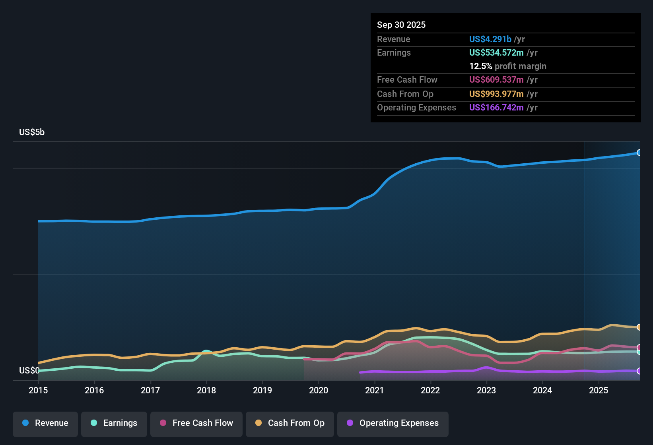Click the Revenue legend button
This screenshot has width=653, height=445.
pos(45,423)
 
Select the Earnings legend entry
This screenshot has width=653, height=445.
pos(114,423)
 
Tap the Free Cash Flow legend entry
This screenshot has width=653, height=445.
pos(196,423)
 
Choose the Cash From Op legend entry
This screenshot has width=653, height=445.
pos(290,423)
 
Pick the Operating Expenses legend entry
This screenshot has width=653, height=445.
pos(393,423)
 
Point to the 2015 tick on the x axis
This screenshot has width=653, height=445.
pos(38,390)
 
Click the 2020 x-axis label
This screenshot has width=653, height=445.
pos(319,390)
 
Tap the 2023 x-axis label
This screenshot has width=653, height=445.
pos(486,390)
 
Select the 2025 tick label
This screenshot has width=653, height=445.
pos(599,390)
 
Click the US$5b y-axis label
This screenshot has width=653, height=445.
pos(32,132)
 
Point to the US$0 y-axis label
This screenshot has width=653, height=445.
pos(29,371)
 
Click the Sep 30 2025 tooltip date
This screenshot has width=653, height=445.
pos(401,25)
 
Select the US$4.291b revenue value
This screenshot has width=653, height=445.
pos(490,39)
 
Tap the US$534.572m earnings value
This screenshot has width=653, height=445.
pos(496,53)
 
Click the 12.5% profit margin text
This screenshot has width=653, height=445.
pos(507,66)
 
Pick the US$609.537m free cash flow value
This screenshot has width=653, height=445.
pos(496,80)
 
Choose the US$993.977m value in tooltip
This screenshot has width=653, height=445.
pos(496,94)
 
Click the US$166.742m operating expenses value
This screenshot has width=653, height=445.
pos(496,108)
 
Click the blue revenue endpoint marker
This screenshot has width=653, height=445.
pos(639,153)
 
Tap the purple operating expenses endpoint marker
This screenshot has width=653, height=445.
pos(639,371)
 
